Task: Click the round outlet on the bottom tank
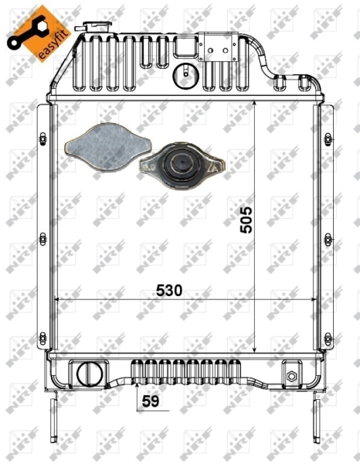tap(90, 373)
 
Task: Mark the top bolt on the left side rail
tap(40, 139)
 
